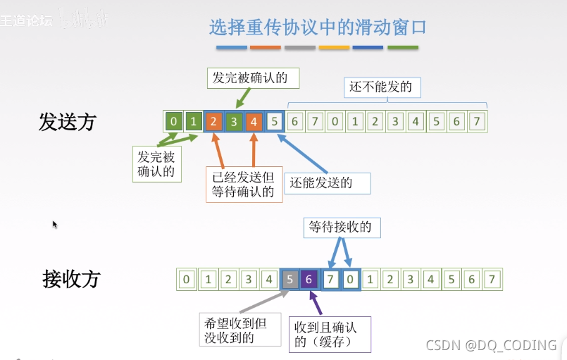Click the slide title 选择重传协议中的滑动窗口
pyautogui.click(x=318, y=27)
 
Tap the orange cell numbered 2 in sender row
pyautogui.click(x=213, y=122)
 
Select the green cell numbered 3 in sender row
pyautogui.click(x=234, y=122)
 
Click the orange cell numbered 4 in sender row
pyautogui.click(x=254, y=122)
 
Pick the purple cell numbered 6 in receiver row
pyautogui.click(x=309, y=279)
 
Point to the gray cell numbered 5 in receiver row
pyautogui.click(x=289, y=279)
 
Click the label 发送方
pyautogui.click(x=67, y=121)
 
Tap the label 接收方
pyautogui.click(x=71, y=279)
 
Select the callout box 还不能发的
pyautogui.click(x=381, y=87)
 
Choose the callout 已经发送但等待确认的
pyautogui.click(x=244, y=185)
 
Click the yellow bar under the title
pyautogui.click(x=334, y=48)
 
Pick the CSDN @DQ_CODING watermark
pyautogui.click(x=492, y=345)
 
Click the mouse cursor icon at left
pyautogui.click(x=55, y=225)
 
